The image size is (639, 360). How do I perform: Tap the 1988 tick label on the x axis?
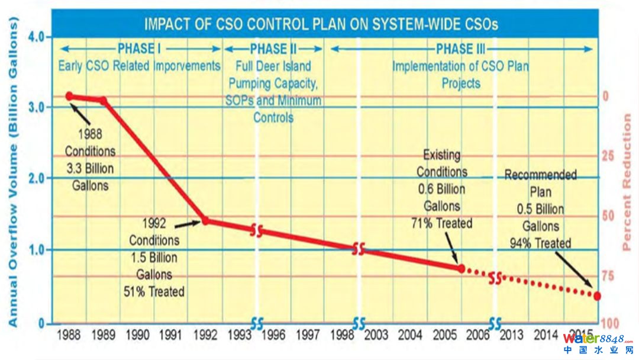pyautogui.click(x=69, y=335)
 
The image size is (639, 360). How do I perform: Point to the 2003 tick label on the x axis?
pyautogui.click(x=376, y=335)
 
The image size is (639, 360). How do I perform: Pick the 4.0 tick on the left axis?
pyautogui.click(x=37, y=37)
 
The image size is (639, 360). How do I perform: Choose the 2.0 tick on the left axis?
pyautogui.click(x=37, y=178)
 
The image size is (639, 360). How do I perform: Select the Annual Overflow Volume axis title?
pyautogui.click(x=14, y=172)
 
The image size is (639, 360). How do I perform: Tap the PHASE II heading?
pyautogui.click(x=273, y=49)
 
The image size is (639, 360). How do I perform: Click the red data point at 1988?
pyautogui.click(x=69, y=96)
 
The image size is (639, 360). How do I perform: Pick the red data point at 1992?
pyautogui.click(x=205, y=220)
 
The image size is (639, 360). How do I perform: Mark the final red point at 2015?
pyautogui.click(x=596, y=295)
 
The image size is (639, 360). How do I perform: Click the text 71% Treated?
pyautogui.click(x=441, y=223)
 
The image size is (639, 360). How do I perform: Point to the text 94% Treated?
pyautogui.click(x=540, y=243)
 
